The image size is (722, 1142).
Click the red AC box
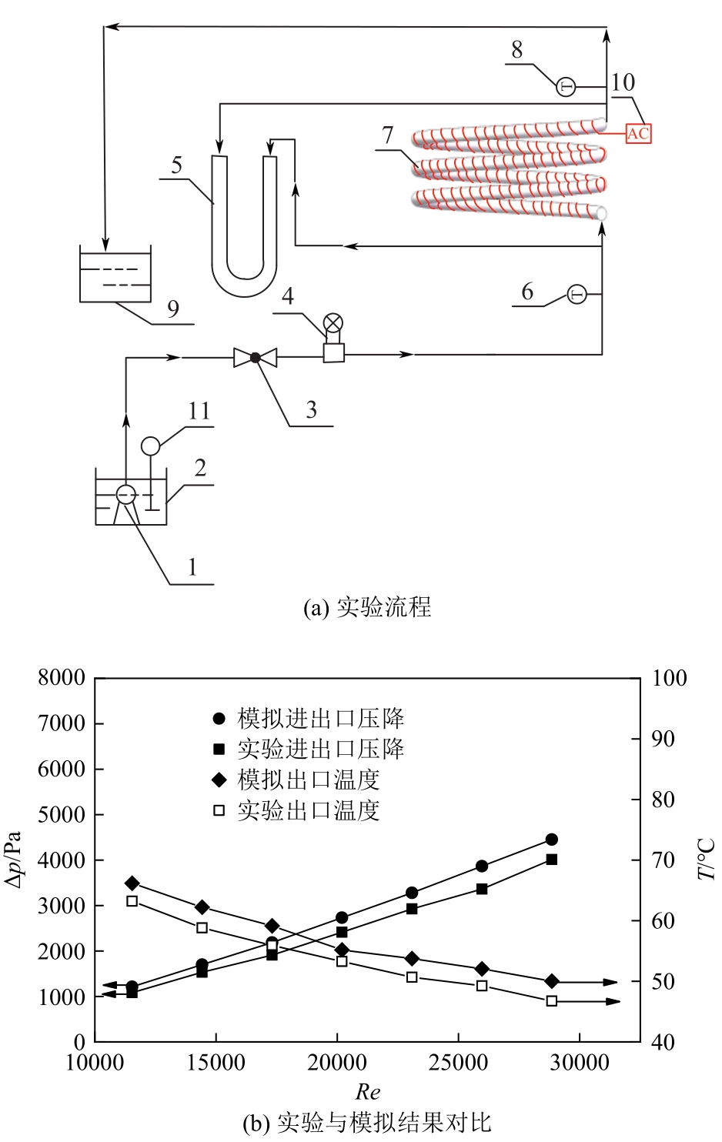[x=638, y=133]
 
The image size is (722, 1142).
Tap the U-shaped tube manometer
[x=244, y=231]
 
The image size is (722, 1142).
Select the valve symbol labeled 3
[x=255, y=357]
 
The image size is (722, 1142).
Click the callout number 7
[x=388, y=135]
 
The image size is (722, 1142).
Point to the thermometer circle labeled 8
[x=566, y=87]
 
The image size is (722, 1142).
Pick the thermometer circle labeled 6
[x=577, y=294]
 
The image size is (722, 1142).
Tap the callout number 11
[x=199, y=411]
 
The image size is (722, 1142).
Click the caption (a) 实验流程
[x=367, y=608]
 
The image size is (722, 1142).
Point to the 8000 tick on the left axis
[x=62, y=678]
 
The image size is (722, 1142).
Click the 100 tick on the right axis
[x=669, y=678]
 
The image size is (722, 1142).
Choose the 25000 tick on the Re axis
[x=458, y=1063]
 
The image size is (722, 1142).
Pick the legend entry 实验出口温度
[x=308, y=810]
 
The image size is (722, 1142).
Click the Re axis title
[x=368, y=1091]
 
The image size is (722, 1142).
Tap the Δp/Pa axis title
[x=15, y=860]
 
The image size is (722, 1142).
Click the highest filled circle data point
[x=551, y=840]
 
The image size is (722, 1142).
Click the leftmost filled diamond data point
[x=132, y=883]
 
